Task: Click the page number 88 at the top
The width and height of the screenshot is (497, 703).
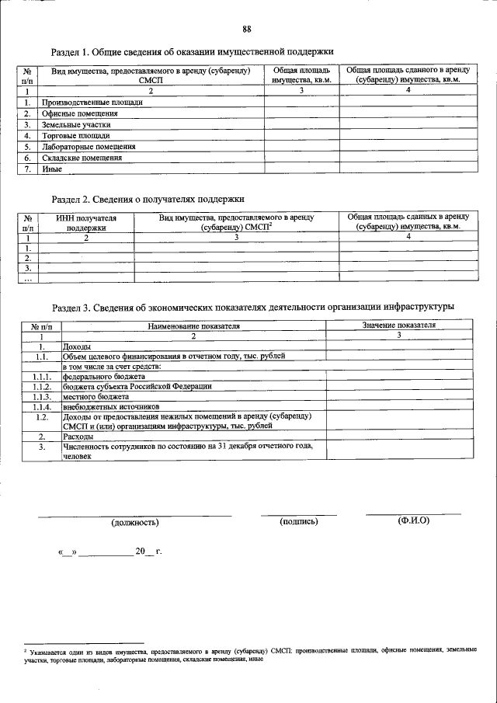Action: coord(247,30)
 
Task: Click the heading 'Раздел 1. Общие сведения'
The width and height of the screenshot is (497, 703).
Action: coord(192,52)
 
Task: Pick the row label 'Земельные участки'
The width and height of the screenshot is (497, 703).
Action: coord(76,124)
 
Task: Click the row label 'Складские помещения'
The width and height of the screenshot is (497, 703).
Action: coord(82,157)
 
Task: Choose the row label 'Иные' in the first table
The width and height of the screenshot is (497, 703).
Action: coord(51,168)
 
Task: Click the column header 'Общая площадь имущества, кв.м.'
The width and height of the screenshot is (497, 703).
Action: coord(301,75)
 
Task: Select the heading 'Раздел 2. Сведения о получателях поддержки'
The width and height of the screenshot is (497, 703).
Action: coord(148,199)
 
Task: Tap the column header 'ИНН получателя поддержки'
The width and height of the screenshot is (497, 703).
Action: coord(86,223)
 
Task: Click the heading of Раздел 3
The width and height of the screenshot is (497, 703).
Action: coord(252,307)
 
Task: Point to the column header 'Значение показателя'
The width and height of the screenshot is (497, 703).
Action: coord(398,325)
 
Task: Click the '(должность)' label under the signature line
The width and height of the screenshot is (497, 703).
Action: coord(136,521)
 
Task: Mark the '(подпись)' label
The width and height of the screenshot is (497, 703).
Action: coord(299,520)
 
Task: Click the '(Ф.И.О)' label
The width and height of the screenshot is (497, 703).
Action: coord(412,520)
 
